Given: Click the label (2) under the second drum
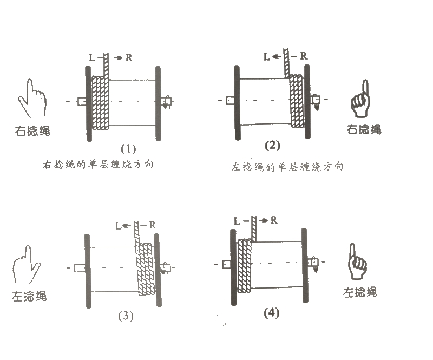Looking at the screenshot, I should click(x=272, y=145).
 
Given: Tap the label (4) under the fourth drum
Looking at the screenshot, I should click(x=270, y=313).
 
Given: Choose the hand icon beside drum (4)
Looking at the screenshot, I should click(x=358, y=264).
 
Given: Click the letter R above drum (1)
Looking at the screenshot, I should click(x=129, y=57).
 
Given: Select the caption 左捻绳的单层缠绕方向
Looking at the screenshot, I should click(x=286, y=167).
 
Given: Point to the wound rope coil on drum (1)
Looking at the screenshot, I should click(x=101, y=103).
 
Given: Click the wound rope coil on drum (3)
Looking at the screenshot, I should click(x=146, y=269).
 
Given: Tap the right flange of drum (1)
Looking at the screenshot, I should click(x=158, y=103).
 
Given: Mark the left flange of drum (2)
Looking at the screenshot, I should click(x=237, y=103).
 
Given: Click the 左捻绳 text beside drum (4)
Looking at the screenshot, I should click(x=360, y=292).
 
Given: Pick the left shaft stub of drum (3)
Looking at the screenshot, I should click(x=80, y=267).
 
